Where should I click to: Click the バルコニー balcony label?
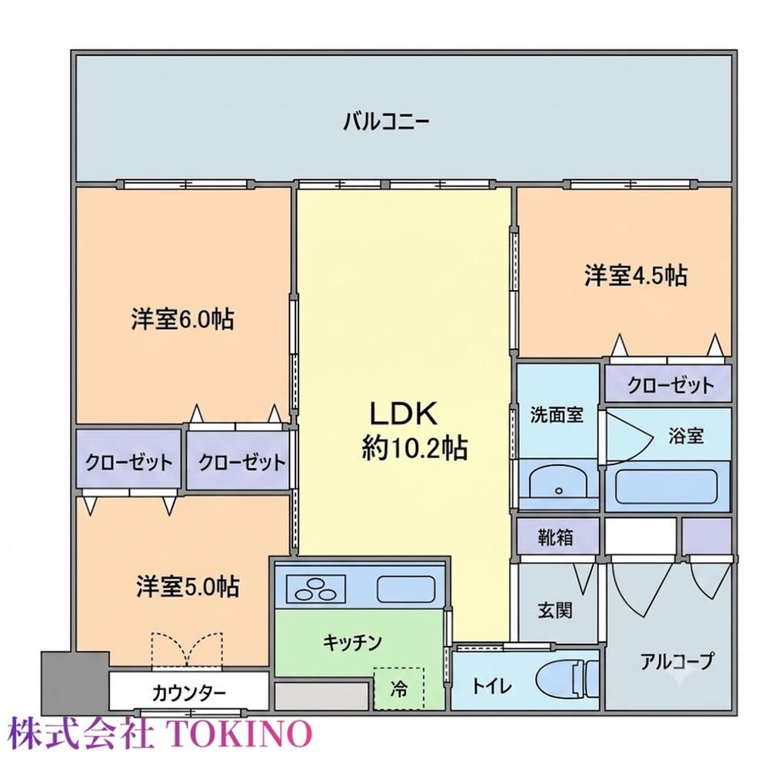(385, 122)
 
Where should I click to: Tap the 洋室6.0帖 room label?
(182, 319)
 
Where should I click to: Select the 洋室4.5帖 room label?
(636, 275)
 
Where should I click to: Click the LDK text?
(403, 413)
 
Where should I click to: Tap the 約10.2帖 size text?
(415, 448)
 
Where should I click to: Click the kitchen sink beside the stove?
(406, 589)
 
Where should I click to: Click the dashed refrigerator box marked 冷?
(398, 688)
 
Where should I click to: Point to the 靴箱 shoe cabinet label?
(556, 538)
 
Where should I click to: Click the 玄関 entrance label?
(555, 611)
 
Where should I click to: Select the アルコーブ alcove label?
(676, 662)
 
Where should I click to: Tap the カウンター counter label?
(189, 694)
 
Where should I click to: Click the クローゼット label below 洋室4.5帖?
(671, 385)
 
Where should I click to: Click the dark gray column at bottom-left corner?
(74, 683)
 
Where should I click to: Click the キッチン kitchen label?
(352, 641)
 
